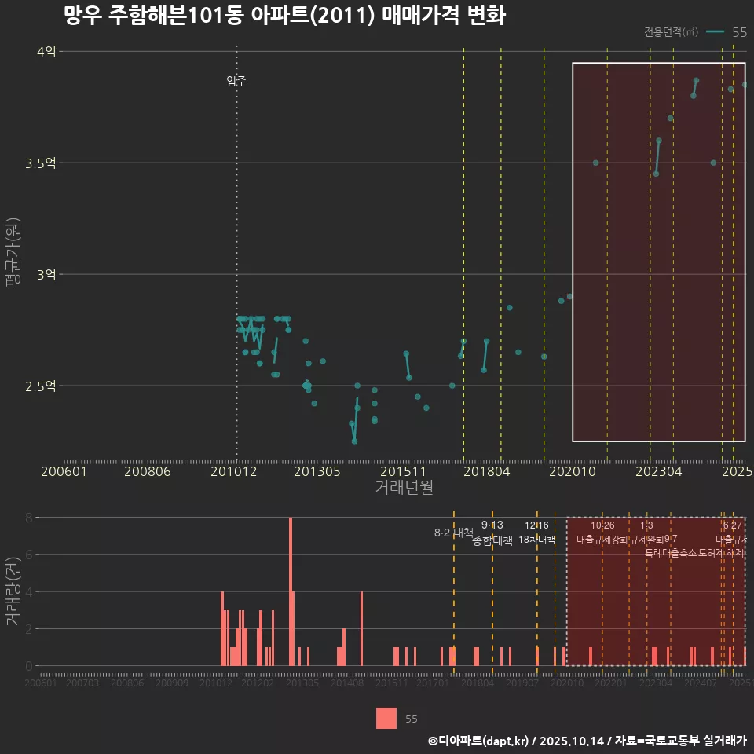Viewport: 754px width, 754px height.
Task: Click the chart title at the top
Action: (x=284, y=16)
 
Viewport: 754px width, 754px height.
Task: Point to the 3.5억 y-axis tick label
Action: (x=41, y=163)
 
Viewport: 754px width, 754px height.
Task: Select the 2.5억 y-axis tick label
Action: (x=41, y=386)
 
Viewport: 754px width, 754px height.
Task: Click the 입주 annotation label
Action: (x=236, y=81)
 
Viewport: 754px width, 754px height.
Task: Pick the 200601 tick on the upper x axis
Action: (x=64, y=472)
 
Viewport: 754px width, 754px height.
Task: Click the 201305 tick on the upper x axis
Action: (x=317, y=472)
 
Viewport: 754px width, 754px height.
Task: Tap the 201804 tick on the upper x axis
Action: (x=486, y=472)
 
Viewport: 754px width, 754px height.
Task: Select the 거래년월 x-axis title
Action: (x=404, y=488)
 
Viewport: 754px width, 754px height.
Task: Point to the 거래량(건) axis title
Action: (x=13, y=591)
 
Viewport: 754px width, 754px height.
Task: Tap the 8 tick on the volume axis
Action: (x=28, y=518)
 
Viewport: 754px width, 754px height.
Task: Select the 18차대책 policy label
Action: (x=537, y=540)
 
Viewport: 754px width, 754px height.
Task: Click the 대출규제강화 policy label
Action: (x=602, y=540)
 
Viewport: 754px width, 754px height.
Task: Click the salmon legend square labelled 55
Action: (x=386, y=718)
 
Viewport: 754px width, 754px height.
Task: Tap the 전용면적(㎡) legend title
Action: (x=671, y=32)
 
